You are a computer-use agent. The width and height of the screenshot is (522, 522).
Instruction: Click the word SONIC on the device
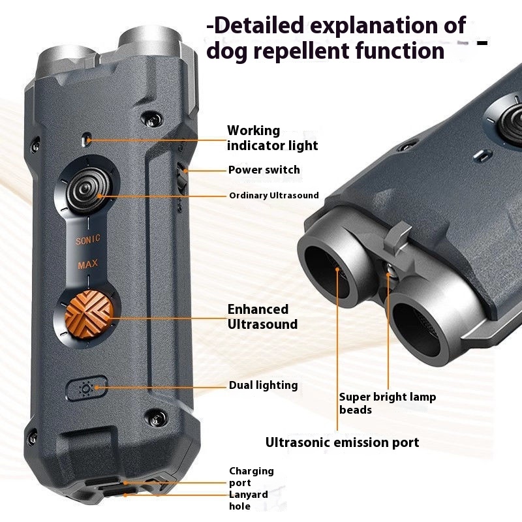(88, 241)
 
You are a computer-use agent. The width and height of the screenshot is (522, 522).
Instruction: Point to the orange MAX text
(88, 266)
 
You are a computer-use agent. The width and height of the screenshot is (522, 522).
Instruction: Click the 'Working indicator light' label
(272, 138)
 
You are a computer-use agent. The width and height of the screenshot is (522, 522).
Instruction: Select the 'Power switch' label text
(264, 170)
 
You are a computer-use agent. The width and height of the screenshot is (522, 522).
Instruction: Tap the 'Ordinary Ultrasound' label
(273, 195)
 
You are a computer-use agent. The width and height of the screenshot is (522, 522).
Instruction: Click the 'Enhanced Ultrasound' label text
(262, 316)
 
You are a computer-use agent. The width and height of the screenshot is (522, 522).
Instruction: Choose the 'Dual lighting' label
(263, 385)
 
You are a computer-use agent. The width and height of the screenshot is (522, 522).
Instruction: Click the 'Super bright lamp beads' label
(387, 403)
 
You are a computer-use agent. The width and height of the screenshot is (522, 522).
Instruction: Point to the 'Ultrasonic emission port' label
(342, 442)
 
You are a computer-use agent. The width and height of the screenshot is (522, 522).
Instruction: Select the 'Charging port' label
(251, 477)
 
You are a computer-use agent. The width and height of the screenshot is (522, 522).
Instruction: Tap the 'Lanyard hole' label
(248, 500)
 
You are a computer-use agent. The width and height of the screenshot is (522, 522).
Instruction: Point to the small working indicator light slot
(87, 139)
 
